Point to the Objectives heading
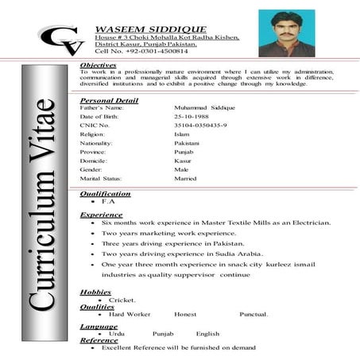[x=99, y=65]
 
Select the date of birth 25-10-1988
[x=195, y=117]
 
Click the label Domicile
[x=95, y=159]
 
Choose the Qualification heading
[x=106, y=193]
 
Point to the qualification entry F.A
[x=110, y=203]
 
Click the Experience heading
[x=101, y=215]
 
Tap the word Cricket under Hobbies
[x=122, y=300]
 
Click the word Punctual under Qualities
[x=254, y=315]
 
